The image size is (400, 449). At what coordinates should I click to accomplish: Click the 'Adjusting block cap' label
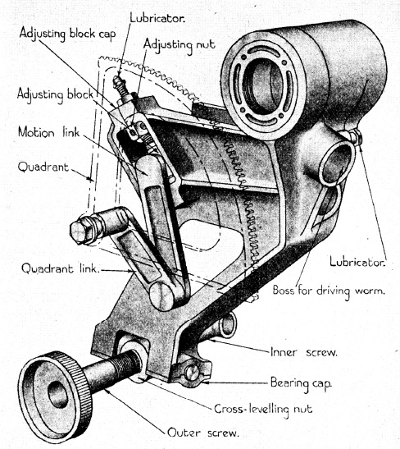[x=67, y=34]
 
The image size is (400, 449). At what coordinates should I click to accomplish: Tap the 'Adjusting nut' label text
[x=180, y=45]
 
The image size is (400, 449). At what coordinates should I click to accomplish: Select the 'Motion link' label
[x=48, y=132]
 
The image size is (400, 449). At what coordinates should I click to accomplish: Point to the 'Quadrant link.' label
[x=61, y=268]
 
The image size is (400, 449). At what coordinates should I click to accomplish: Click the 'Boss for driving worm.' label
[x=329, y=291]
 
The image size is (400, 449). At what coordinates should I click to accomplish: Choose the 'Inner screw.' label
[x=304, y=352]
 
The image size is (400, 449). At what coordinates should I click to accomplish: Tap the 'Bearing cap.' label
[x=301, y=383]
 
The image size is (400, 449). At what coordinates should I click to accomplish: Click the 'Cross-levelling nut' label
[x=263, y=410]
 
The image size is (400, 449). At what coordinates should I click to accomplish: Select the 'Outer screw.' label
[x=203, y=433]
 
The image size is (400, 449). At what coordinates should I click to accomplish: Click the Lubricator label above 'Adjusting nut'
[x=157, y=18]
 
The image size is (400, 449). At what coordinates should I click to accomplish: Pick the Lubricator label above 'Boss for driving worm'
[x=357, y=262]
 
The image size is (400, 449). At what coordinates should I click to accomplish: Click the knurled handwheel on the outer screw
[x=55, y=396]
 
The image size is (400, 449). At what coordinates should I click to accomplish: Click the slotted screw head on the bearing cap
[x=192, y=372]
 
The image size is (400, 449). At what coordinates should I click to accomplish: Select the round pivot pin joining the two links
[x=161, y=296]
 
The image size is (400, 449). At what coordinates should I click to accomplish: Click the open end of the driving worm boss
[x=337, y=164]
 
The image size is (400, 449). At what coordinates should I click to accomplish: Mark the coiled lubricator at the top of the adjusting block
[x=120, y=85]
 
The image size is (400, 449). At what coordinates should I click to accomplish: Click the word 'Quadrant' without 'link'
[x=43, y=167]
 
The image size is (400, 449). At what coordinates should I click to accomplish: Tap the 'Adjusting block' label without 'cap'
[x=55, y=95]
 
